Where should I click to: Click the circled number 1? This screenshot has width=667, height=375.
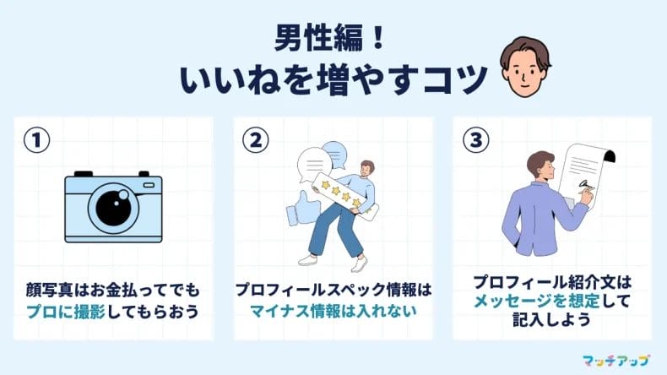(x=37, y=139)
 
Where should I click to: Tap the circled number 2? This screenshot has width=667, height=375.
(x=255, y=139)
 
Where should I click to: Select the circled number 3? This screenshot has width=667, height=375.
(x=474, y=139)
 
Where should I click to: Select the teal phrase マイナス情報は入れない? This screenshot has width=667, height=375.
(x=333, y=311)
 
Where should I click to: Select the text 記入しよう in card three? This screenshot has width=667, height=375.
(x=553, y=322)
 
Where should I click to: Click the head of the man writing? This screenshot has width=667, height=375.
(x=540, y=165)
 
